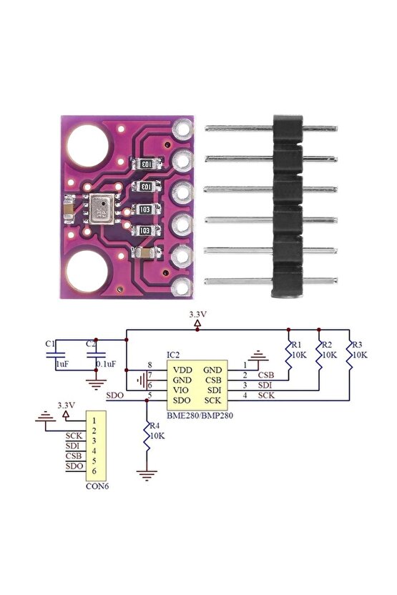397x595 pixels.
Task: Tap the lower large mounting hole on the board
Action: [88, 275]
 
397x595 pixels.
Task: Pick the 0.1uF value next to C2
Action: [107, 364]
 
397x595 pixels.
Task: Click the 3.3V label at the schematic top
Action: [198, 315]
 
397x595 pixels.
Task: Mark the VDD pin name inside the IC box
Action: [181, 368]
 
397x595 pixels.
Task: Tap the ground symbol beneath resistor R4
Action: [147, 473]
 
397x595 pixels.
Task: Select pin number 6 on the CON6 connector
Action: [94, 471]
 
